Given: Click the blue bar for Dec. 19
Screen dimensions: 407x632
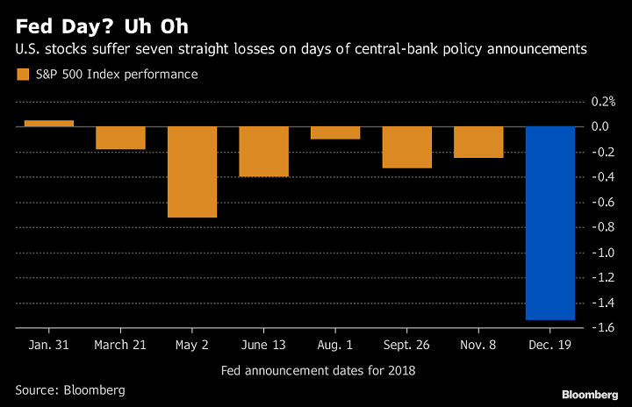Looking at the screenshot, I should [x=550, y=224].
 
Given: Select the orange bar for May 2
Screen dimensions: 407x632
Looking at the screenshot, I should [x=192, y=172].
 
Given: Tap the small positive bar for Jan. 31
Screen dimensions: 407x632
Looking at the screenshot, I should [x=49, y=124].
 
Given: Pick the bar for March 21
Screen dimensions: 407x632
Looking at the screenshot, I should [x=120, y=139].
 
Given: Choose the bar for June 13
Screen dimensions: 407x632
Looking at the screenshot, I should [x=264, y=152].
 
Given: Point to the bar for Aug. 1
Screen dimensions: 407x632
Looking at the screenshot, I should [x=335, y=132].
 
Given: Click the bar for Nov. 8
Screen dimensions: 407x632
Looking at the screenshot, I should [x=478, y=142].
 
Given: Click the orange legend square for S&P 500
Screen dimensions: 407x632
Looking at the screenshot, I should [x=23, y=75].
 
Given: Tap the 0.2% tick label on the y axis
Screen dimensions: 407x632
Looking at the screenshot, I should [x=601, y=102].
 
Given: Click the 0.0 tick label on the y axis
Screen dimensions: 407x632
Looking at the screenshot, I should [x=601, y=127].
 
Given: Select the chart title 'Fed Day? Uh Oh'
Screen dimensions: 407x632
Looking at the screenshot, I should [x=101, y=25].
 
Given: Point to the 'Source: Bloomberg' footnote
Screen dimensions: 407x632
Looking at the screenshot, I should [x=70, y=389].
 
